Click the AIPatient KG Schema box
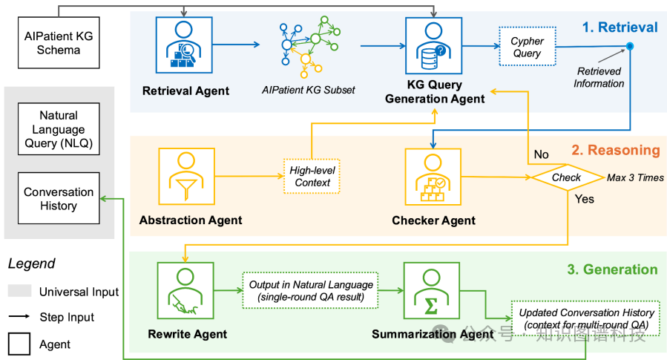coord(59,42)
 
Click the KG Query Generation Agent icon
coord(430,44)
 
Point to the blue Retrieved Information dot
coord(630,47)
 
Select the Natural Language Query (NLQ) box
coord(59,131)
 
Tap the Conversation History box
coord(59,198)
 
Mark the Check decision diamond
coord(566,177)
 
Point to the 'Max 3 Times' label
coord(635,177)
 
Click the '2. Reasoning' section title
coord(615,150)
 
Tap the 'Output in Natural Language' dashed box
coord(309,289)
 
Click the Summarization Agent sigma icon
coord(430,289)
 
